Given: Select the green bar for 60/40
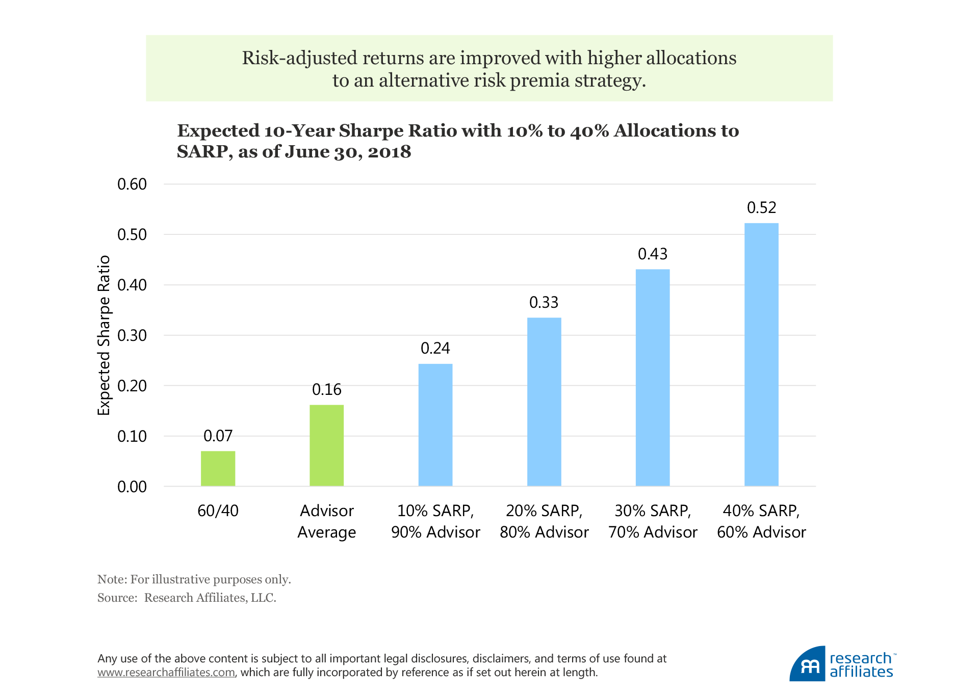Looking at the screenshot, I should [x=218, y=468].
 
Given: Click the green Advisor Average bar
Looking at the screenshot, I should [x=326, y=445].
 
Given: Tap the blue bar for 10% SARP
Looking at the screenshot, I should [x=435, y=425].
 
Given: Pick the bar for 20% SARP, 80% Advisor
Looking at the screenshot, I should [x=544, y=402].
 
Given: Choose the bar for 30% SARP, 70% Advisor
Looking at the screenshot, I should [x=653, y=378].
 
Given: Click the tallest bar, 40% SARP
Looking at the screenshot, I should [x=761, y=355].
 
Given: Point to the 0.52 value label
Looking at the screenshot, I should [x=761, y=208].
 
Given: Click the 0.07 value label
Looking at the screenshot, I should [x=218, y=436].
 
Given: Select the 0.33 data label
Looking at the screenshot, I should [x=544, y=303].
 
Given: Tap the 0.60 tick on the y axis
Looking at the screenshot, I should [x=132, y=184].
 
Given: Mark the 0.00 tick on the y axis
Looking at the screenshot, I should [x=132, y=487].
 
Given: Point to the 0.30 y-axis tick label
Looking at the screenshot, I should [x=132, y=336].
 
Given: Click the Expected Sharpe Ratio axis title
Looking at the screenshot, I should [x=104, y=335].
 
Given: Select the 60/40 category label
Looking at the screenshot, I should [x=218, y=511].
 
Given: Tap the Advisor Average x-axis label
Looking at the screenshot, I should [x=326, y=521].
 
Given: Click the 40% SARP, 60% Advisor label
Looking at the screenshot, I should [x=761, y=521].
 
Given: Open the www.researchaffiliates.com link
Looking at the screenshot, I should [x=166, y=673].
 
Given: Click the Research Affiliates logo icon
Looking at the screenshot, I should [x=808, y=664].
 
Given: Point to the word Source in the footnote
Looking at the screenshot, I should [x=116, y=598].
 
